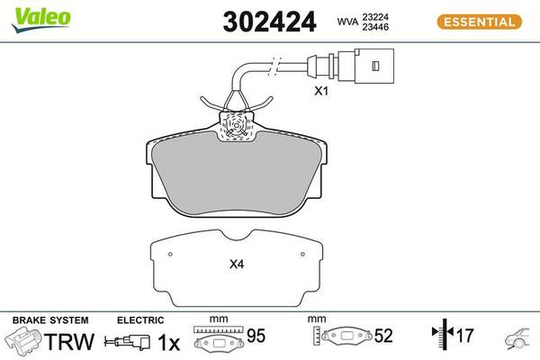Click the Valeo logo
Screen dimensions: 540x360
tap(41, 19)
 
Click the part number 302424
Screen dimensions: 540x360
tap(269, 22)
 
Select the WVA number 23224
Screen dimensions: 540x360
tap(375, 17)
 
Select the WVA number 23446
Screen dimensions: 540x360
tap(375, 27)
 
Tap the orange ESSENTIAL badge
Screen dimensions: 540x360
tap(480, 22)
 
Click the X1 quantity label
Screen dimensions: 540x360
tap(321, 91)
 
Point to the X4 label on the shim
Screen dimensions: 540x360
tap(237, 265)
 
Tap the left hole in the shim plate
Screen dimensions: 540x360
tap(170, 254)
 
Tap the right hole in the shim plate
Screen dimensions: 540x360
tap(302, 254)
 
